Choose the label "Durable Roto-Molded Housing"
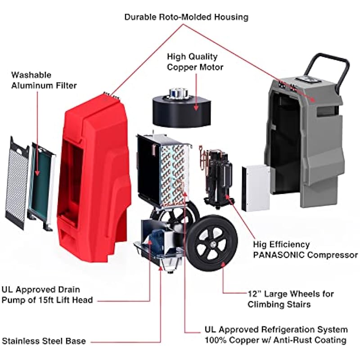click(x=186, y=18)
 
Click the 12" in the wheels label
click(x=255, y=294)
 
